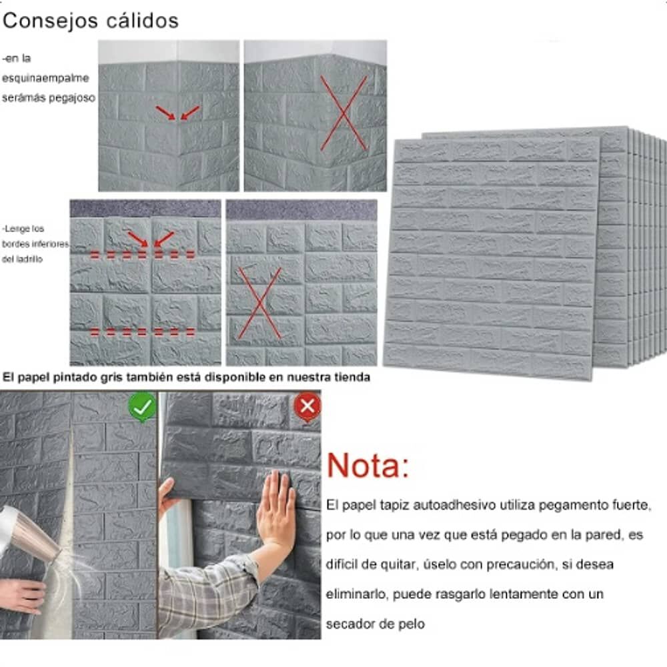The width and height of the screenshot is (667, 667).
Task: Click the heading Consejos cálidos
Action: [91, 21]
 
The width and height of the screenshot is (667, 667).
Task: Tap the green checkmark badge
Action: [143, 406]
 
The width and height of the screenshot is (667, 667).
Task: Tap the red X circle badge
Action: [307, 406]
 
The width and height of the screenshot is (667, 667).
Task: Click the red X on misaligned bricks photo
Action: [260, 303]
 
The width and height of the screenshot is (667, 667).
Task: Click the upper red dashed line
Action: [143, 254]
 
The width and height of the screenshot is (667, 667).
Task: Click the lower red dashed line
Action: [143, 331]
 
